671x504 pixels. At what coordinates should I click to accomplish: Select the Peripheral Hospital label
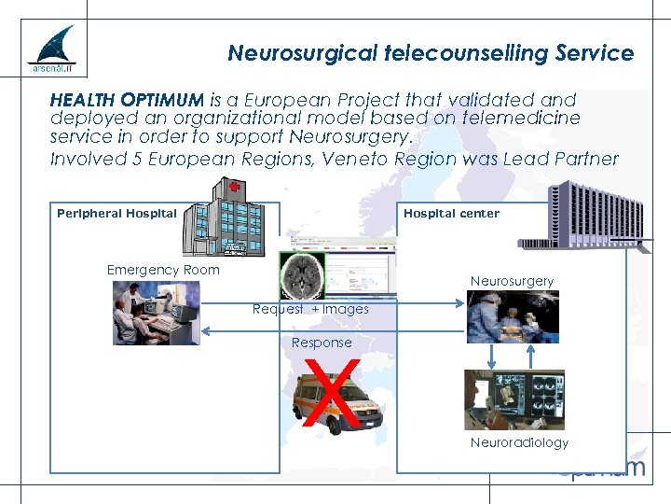(116, 213)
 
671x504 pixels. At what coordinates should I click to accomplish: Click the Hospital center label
(451, 213)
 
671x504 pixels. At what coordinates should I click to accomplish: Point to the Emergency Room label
(163, 270)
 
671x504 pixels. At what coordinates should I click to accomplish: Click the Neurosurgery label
(512, 281)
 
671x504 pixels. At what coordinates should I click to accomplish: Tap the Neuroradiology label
(519, 442)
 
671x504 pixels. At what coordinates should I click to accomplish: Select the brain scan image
(303, 275)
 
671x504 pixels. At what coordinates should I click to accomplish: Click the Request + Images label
(310, 309)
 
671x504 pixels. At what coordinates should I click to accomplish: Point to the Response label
(322, 343)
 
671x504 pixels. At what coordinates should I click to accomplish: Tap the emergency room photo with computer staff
(156, 313)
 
